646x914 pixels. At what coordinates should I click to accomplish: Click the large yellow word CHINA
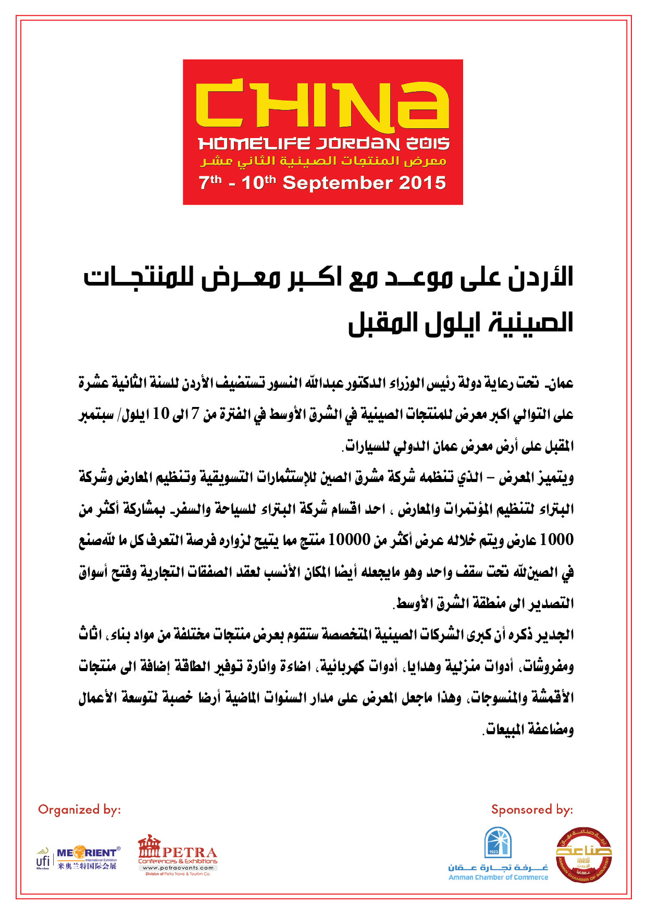(x=322, y=105)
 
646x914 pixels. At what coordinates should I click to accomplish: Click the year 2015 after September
(x=423, y=183)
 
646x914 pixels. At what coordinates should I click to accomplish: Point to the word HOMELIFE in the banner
(x=254, y=144)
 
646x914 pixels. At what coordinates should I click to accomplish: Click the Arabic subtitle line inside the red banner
(x=323, y=161)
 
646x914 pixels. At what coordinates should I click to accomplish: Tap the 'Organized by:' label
(x=79, y=809)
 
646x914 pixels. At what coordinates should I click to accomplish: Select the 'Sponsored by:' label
(x=532, y=809)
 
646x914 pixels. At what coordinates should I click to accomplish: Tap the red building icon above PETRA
(x=150, y=845)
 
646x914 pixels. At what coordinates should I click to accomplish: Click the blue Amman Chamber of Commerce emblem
(x=498, y=843)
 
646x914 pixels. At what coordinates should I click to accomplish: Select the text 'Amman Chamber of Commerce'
(x=498, y=878)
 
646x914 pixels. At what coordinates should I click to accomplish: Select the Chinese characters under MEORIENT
(x=88, y=866)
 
